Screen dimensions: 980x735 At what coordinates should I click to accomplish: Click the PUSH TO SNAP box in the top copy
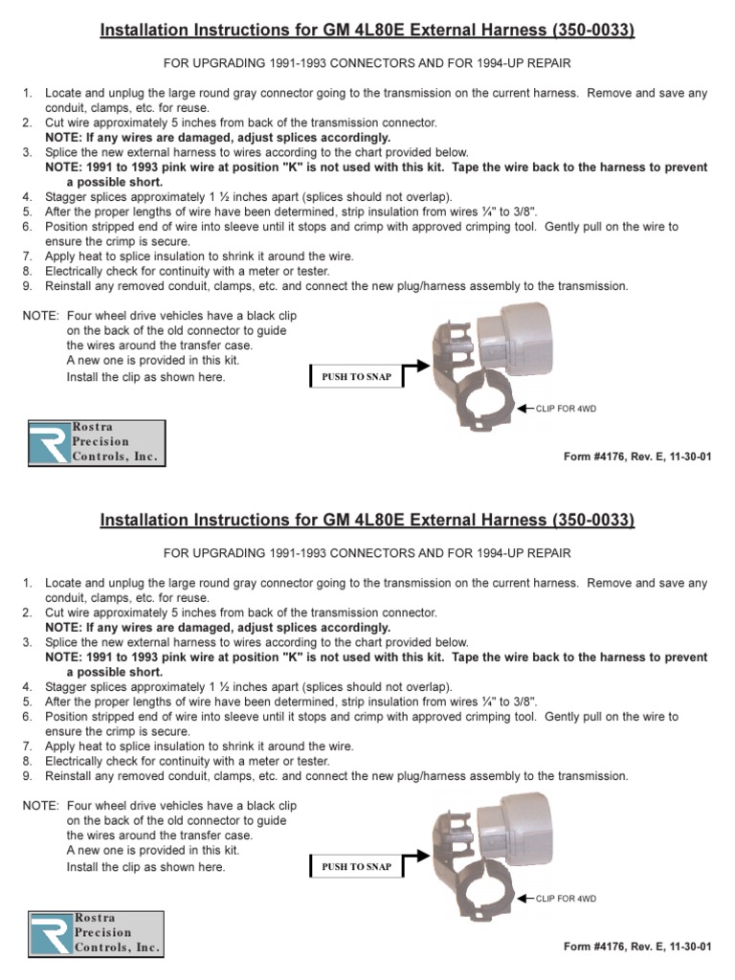click(x=356, y=377)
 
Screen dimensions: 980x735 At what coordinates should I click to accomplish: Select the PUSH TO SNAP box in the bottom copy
click(x=356, y=867)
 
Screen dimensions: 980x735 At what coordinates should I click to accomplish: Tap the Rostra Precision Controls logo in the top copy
click(x=96, y=442)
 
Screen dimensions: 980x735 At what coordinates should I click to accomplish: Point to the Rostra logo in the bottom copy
click(x=96, y=932)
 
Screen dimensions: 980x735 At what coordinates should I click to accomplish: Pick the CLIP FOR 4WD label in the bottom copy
click(x=566, y=899)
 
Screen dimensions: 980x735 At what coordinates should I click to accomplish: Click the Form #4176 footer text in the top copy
click(x=638, y=457)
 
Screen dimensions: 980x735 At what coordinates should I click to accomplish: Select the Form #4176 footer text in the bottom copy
click(x=638, y=947)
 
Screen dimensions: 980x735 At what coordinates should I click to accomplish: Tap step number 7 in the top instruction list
click(x=28, y=256)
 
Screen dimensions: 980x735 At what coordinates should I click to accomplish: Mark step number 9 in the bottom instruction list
click(x=28, y=776)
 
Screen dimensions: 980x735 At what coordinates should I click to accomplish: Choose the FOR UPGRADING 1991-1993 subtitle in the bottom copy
click(x=367, y=553)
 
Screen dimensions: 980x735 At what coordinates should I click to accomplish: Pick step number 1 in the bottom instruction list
click(x=28, y=583)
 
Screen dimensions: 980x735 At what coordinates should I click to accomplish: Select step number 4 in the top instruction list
click(x=28, y=196)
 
